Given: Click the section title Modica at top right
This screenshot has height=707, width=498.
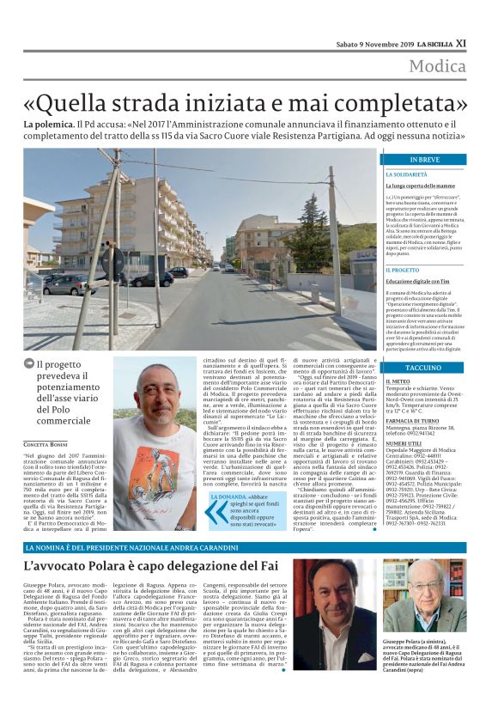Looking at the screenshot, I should coord(437,67).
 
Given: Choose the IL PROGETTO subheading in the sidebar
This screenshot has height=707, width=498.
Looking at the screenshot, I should coord(403,270).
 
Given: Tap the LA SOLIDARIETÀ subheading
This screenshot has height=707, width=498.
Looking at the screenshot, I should coord(407,174).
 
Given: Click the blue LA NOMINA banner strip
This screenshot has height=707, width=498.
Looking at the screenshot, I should coord(249,547).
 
